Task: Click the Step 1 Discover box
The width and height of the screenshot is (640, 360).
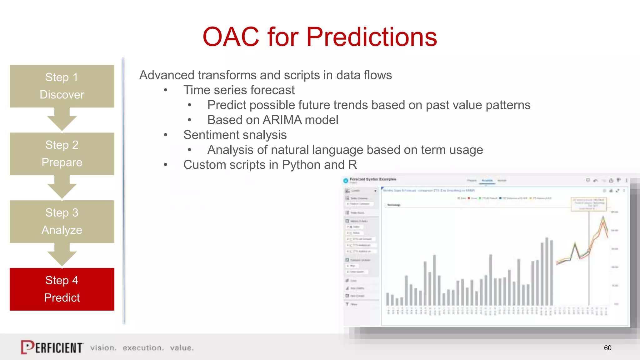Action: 62,86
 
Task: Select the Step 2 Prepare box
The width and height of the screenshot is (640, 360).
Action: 62,154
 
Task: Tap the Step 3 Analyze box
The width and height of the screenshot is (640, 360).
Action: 62,221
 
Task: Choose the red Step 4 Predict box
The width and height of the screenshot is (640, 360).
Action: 62,289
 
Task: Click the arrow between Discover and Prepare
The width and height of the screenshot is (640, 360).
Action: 62,120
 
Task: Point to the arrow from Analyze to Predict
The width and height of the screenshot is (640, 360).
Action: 62,256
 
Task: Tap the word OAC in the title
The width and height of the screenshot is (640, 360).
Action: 231,37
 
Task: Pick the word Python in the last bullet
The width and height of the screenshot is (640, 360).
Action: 301,165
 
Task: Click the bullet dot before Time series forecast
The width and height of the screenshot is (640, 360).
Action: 166,90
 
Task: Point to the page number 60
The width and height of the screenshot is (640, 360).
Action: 607,348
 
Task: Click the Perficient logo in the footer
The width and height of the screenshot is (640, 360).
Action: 52,347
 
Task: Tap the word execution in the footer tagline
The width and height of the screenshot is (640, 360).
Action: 143,348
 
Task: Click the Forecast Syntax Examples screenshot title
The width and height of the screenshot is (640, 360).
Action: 372,179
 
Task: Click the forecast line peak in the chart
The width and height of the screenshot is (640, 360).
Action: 603,217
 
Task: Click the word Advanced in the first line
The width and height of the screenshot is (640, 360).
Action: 167,75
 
